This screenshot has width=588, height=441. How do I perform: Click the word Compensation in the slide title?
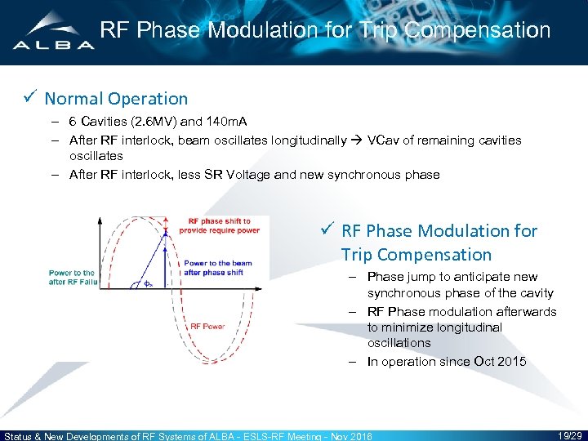click(x=477, y=31)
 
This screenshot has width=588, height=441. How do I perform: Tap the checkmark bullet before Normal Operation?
click(x=30, y=98)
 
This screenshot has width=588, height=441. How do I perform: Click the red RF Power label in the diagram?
click(x=207, y=326)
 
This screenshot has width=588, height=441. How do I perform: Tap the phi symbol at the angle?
click(x=147, y=283)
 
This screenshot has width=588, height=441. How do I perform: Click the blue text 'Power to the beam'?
click(x=217, y=263)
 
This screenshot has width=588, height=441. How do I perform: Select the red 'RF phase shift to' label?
click(x=219, y=221)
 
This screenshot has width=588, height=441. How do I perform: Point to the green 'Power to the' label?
click(x=71, y=273)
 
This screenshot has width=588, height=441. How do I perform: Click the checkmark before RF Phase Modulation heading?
click(x=327, y=230)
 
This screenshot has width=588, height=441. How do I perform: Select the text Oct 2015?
click(x=499, y=362)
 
